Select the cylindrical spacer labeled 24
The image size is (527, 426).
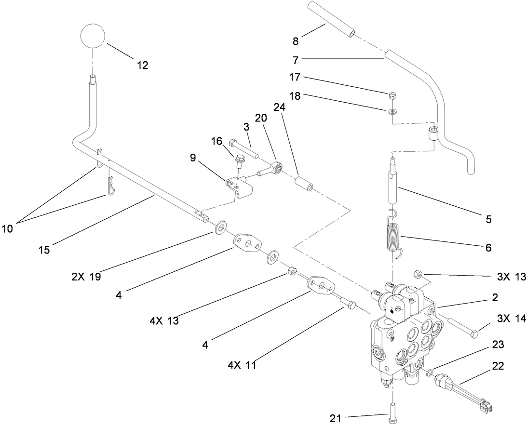[x=305, y=185]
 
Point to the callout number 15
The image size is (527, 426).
[x=44, y=250]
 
